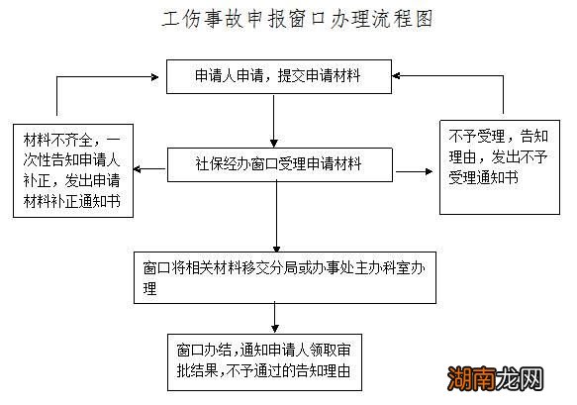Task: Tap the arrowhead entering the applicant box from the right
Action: [394, 74]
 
